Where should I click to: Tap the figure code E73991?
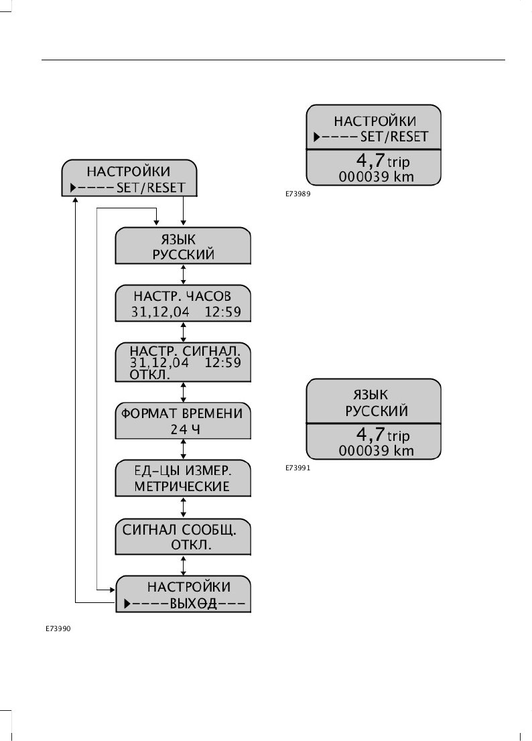[x=297, y=470]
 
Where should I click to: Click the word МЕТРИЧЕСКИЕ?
[x=182, y=486]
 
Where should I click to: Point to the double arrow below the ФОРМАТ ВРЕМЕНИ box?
[x=184, y=450]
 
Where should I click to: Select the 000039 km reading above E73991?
[x=377, y=450]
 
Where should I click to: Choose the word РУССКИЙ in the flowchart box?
[x=183, y=254]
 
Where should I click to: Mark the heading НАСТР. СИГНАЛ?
[x=183, y=351]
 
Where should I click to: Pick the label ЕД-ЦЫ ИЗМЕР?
[x=182, y=470]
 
